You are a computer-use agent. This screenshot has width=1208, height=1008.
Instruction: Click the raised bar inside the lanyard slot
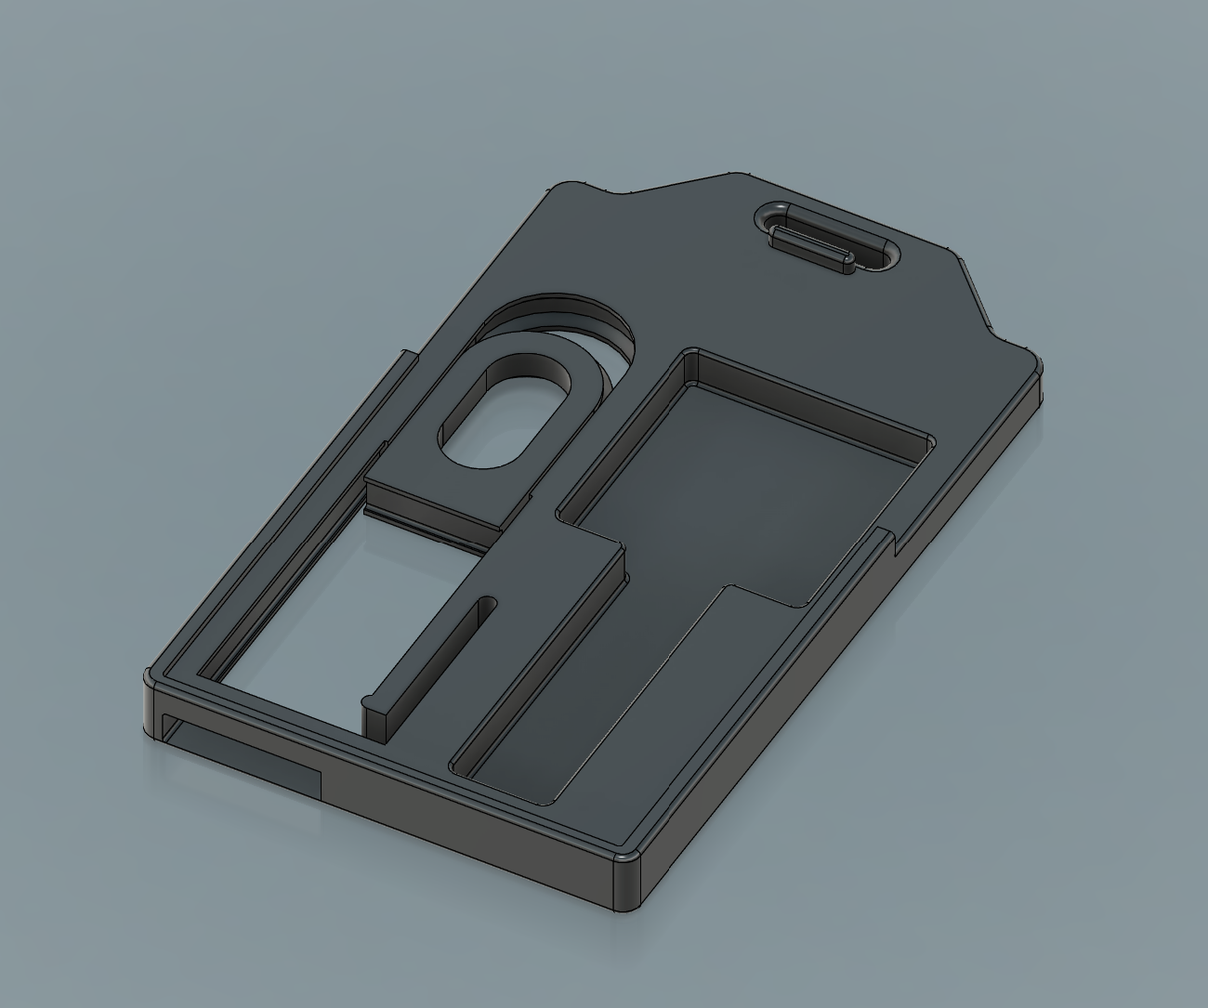[808, 240]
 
